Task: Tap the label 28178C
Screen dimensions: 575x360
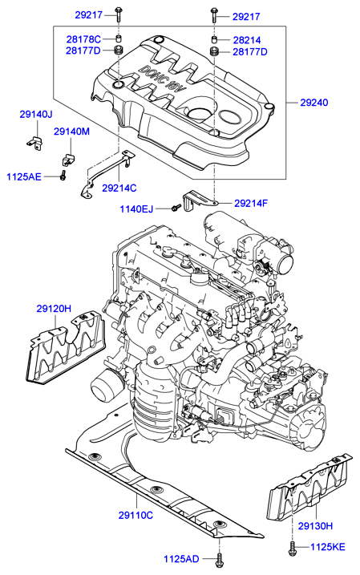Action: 83,38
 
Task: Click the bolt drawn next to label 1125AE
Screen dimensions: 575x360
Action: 62,175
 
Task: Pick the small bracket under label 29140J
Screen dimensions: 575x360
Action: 31,142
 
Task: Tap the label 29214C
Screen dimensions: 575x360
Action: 119,188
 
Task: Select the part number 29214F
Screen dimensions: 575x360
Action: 250,203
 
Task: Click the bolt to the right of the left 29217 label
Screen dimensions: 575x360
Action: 117,14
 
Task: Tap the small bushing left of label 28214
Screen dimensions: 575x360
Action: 214,38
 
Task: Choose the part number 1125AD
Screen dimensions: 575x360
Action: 184,558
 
